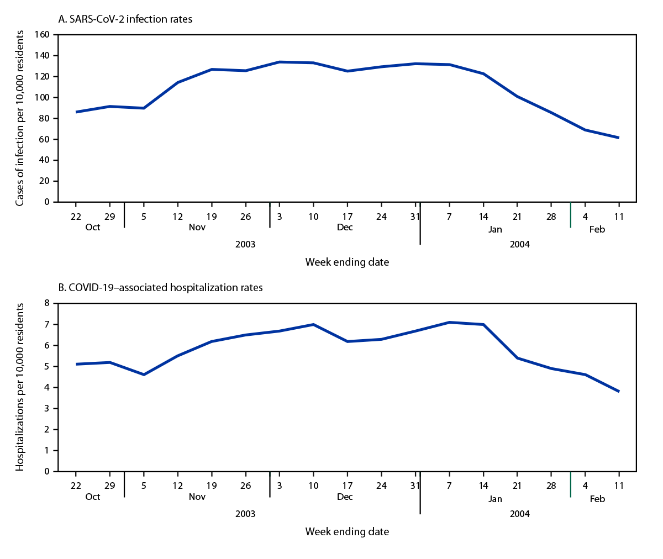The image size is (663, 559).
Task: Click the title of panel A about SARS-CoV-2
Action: click(125, 19)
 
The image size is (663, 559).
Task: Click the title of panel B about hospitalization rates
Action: click(160, 288)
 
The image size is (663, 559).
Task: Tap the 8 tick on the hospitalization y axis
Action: click(47, 303)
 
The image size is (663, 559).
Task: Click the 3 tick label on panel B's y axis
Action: click(47, 409)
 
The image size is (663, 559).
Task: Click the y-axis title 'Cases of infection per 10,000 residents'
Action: click(20, 118)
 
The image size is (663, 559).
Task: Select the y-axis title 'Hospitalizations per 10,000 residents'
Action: click(20, 387)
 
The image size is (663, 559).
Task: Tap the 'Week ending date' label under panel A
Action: click(347, 262)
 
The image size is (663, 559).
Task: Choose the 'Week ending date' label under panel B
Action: click(347, 532)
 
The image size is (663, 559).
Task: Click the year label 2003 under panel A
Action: click(245, 244)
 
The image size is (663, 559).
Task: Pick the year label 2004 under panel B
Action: click(519, 514)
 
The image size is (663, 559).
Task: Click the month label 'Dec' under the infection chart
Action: click(345, 228)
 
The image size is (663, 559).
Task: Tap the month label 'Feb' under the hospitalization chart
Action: click(597, 499)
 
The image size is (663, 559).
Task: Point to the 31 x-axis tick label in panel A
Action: click(415, 217)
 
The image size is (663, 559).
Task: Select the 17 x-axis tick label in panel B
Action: click(347, 486)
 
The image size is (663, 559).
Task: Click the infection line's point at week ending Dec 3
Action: click(280, 62)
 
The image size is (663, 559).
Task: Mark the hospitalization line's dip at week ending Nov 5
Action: click(144, 375)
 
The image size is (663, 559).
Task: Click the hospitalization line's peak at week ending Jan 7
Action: click(450, 322)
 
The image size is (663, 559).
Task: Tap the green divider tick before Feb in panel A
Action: click(571, 215)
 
